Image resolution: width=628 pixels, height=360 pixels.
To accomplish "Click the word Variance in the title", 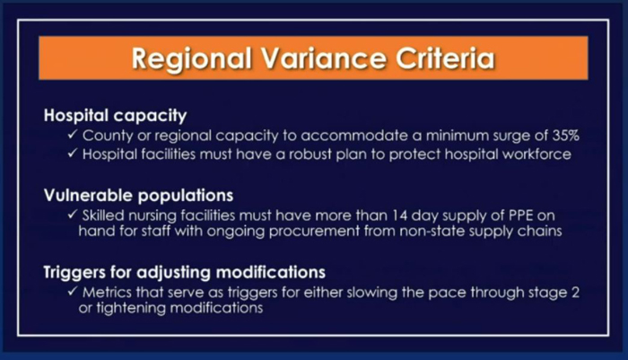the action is pyautogui.click(x=324, y=58).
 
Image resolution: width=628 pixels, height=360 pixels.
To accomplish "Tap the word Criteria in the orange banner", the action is pyautogui.click(x=446, y=58).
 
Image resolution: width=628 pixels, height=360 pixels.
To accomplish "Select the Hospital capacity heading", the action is pyautogui.click(x=116, y=116).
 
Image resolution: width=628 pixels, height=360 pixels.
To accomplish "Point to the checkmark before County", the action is pyautogui.click(x=73, y=135).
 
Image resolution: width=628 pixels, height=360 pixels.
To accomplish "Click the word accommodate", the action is pyautogui.click(x=354, y=136).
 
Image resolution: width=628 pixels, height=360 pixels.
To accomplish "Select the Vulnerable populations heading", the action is pyautogui.click(x=138, y=196).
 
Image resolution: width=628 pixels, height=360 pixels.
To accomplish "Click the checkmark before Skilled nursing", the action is pyautogui.click(x=73, y=215).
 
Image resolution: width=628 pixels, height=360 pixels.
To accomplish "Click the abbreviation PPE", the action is pyautogui.click(x=520, y=215).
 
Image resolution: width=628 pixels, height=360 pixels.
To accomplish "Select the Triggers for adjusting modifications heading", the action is pyautogui.click(x=184, y=272).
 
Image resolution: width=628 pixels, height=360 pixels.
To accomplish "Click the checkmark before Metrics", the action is pyautogui.click(x=73, y=291).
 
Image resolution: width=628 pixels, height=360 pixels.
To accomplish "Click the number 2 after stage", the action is pyautogui.click(x=575, y=293).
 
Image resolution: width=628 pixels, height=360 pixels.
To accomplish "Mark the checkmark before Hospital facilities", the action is pyautogui.click(x=73, y=153).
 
